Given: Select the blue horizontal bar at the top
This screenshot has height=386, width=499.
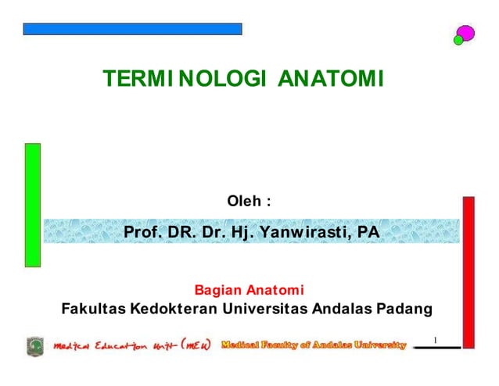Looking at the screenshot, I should (x=132, y=29).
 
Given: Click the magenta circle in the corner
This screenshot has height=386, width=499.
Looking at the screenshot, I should (x=466, y=33).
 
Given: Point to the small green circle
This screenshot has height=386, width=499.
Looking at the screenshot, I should (x=458, y=40).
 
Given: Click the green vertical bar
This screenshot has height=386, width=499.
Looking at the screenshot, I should (x=32, y=206).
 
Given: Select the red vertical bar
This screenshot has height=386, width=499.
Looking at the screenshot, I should (x=468, y=270).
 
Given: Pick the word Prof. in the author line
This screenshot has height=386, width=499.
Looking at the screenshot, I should (x=142, y=232).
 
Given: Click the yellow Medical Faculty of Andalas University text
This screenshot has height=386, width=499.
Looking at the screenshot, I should (x=314, y=345).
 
